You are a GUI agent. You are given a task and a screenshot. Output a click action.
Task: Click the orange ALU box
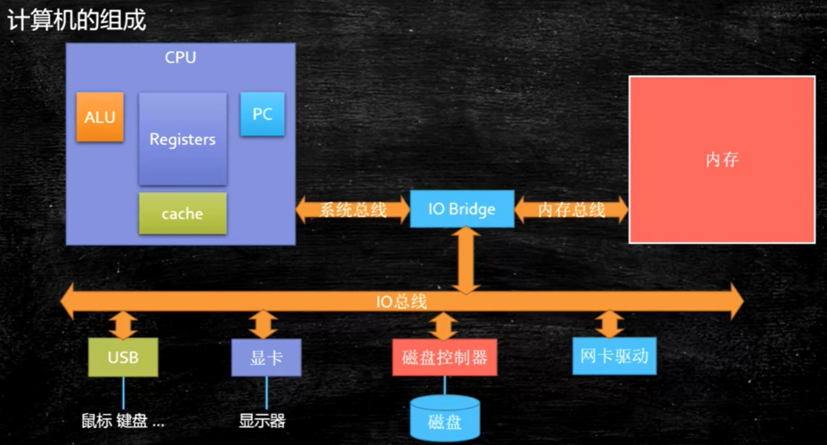pyautogui.click(x=100, y=117)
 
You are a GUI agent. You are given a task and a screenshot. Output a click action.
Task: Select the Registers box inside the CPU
pyautogui.click(x=182, y=139)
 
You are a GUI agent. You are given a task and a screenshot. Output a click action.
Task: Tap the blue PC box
pyautogui.click(x=263, y=114)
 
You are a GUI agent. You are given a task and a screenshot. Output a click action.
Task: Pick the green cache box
pyautogui.click(x=182, y=214)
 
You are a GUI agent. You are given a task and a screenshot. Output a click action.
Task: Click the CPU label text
pyautogui.click(x=181, y=58)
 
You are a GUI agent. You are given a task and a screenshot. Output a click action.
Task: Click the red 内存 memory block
pyautogui.click(x=722, y=159)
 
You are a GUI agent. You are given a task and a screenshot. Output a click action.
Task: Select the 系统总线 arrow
pyautogui.click(x=353, y=210)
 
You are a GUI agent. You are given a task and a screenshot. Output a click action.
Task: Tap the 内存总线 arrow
pyautogui.click(x=572, y=210)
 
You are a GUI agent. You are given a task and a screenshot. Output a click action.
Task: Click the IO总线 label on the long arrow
pyautogui.click(x=401, y=301)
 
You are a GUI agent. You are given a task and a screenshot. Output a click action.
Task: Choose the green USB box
pyautogui.click(x=123, y=358)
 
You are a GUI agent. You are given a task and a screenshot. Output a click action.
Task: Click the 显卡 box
pyautogui.click(x=265, y=358)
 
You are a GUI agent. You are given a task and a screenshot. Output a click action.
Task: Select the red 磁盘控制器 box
pyautogui.click(x=444, y=358)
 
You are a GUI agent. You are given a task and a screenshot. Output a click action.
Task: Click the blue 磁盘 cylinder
pyautogui.click(x=444, y=419)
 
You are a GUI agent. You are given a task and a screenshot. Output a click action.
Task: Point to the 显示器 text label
pyautogui.click(x=263, y=421)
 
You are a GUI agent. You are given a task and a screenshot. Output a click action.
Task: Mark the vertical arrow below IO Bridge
pyautogui.click(x=464, y=259)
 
